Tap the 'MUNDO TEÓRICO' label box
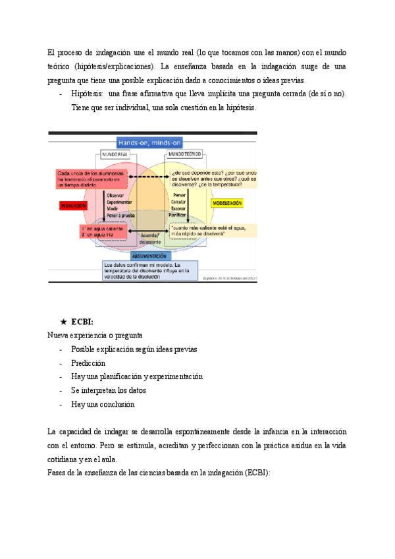(184, 154)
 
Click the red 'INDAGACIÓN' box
(74, 206)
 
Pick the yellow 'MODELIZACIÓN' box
(227, 203)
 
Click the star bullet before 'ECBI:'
(63, 322)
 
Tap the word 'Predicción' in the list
(88, 363)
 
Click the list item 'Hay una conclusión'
(103, 404)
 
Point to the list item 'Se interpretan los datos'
(109, 390)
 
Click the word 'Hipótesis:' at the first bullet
(87, 94)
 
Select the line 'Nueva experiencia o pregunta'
(95, 335)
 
